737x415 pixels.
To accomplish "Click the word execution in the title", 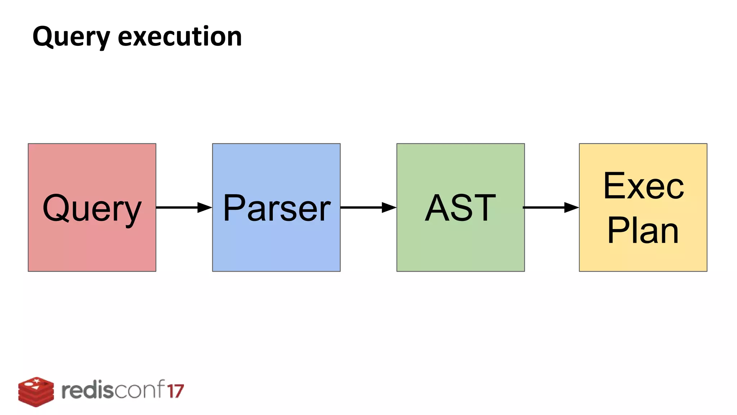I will pos(180,37).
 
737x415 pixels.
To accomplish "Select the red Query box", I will pos(92,245).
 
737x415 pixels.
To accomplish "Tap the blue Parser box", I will pos(276,245).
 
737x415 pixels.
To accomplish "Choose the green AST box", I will pos(460,245).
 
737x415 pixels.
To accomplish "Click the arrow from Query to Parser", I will pos(180,207).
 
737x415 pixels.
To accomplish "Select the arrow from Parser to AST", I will pos(363,207).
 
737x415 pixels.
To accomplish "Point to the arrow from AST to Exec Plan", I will pos(547,207).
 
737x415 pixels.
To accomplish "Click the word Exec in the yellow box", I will pos(643,186).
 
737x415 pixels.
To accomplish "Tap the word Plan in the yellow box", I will pos(643,230).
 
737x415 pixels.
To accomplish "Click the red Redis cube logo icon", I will pos(36,392).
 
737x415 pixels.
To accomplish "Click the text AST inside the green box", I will pos(460,208).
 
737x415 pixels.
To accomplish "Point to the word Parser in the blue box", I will pos(276,208).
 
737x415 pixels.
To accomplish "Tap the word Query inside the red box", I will pos(92,208).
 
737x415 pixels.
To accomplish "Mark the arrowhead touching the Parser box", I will pos(205,207).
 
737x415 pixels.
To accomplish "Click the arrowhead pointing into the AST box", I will pos(389,207).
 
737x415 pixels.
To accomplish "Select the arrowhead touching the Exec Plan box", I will pos(571,207).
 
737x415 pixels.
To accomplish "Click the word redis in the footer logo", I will pos(87,391).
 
